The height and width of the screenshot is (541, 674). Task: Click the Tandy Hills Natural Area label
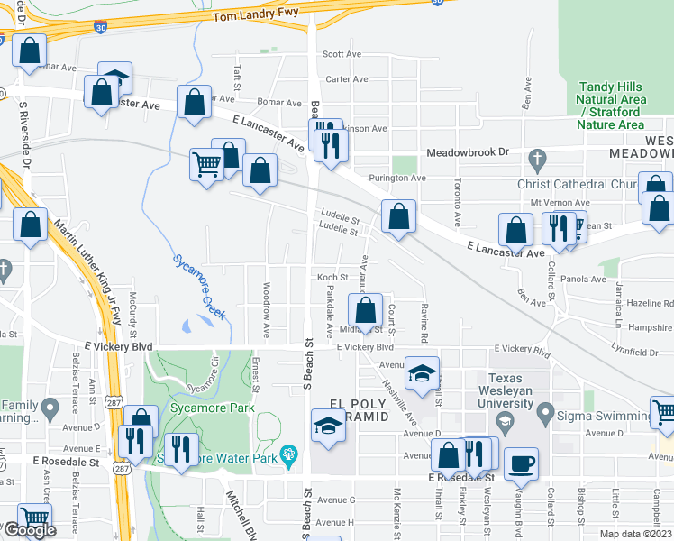610,105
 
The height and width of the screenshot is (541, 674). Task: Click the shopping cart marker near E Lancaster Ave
206,165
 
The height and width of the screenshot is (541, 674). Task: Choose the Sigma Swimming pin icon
544,414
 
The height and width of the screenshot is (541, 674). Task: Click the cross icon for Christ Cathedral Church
537,160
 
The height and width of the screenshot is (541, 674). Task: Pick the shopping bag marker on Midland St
365,311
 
